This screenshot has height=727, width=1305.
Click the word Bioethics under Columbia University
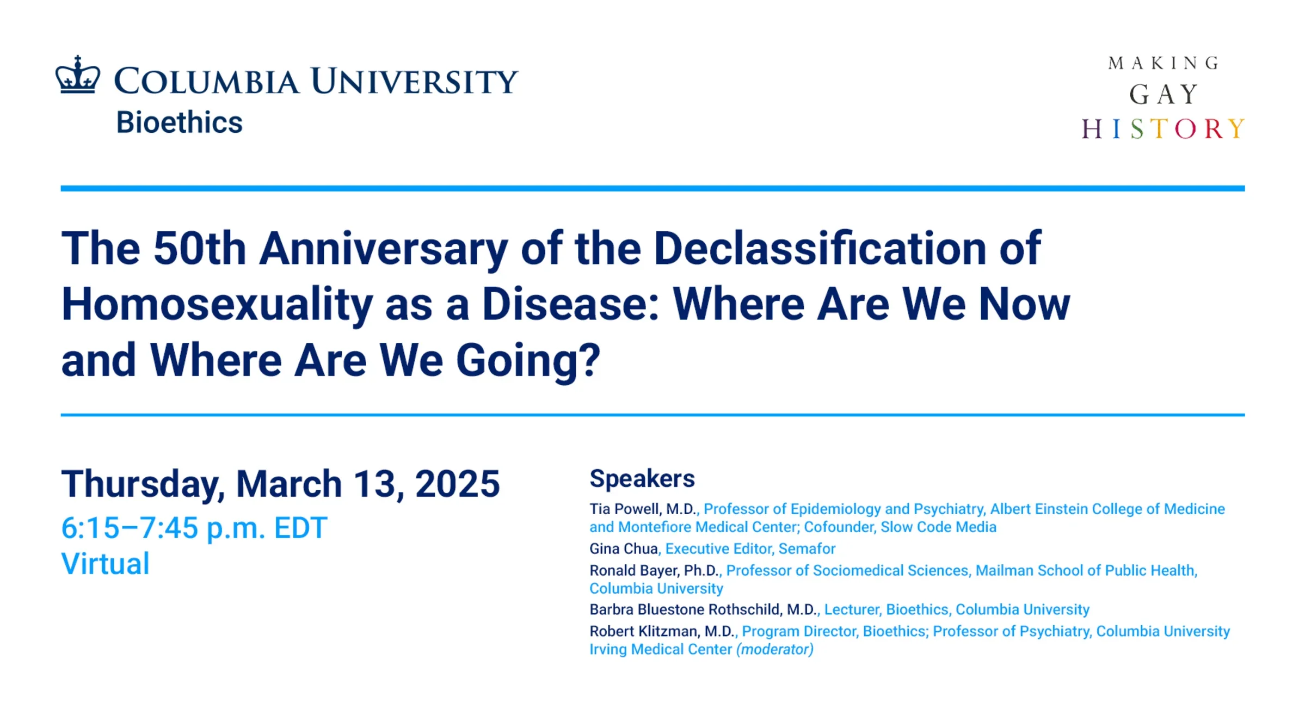coord(179,122)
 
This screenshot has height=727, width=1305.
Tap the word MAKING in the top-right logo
coord(1163,64)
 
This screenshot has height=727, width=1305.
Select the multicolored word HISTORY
coord(1162,130)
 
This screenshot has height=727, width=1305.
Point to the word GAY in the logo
coord(1163,95)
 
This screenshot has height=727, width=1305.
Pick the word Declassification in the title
coord(820,248)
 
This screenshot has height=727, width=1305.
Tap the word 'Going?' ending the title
coord(528,360)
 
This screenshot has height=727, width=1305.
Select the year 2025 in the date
coord(457,484)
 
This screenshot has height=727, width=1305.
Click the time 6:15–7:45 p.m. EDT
coord(194,528)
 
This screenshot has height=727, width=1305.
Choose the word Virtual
coord(106,564)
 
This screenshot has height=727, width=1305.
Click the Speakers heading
coord(642,479)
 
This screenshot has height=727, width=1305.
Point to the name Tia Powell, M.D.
coord(643,509)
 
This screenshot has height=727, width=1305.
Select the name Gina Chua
coord(623,549)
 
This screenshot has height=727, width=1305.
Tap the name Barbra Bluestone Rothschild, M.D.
coord(703,610)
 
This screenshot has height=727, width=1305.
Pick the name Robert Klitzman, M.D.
coord(662,632)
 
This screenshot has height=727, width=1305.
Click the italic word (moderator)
coord(774,650)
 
